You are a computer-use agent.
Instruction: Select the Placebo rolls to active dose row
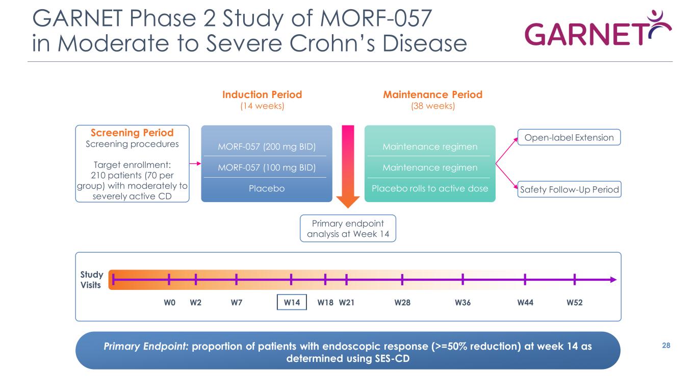429,188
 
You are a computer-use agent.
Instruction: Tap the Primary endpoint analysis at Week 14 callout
348,229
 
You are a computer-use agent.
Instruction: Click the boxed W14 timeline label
292,302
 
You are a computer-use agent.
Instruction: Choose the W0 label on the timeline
169,302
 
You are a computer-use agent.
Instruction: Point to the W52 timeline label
575,302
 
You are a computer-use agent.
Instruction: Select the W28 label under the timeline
402,302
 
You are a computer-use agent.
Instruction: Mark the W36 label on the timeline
462,302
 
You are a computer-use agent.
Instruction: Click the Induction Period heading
262,95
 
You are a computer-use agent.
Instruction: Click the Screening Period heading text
132,133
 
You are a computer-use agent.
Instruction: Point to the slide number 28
665,346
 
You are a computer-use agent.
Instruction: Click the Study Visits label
91,280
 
